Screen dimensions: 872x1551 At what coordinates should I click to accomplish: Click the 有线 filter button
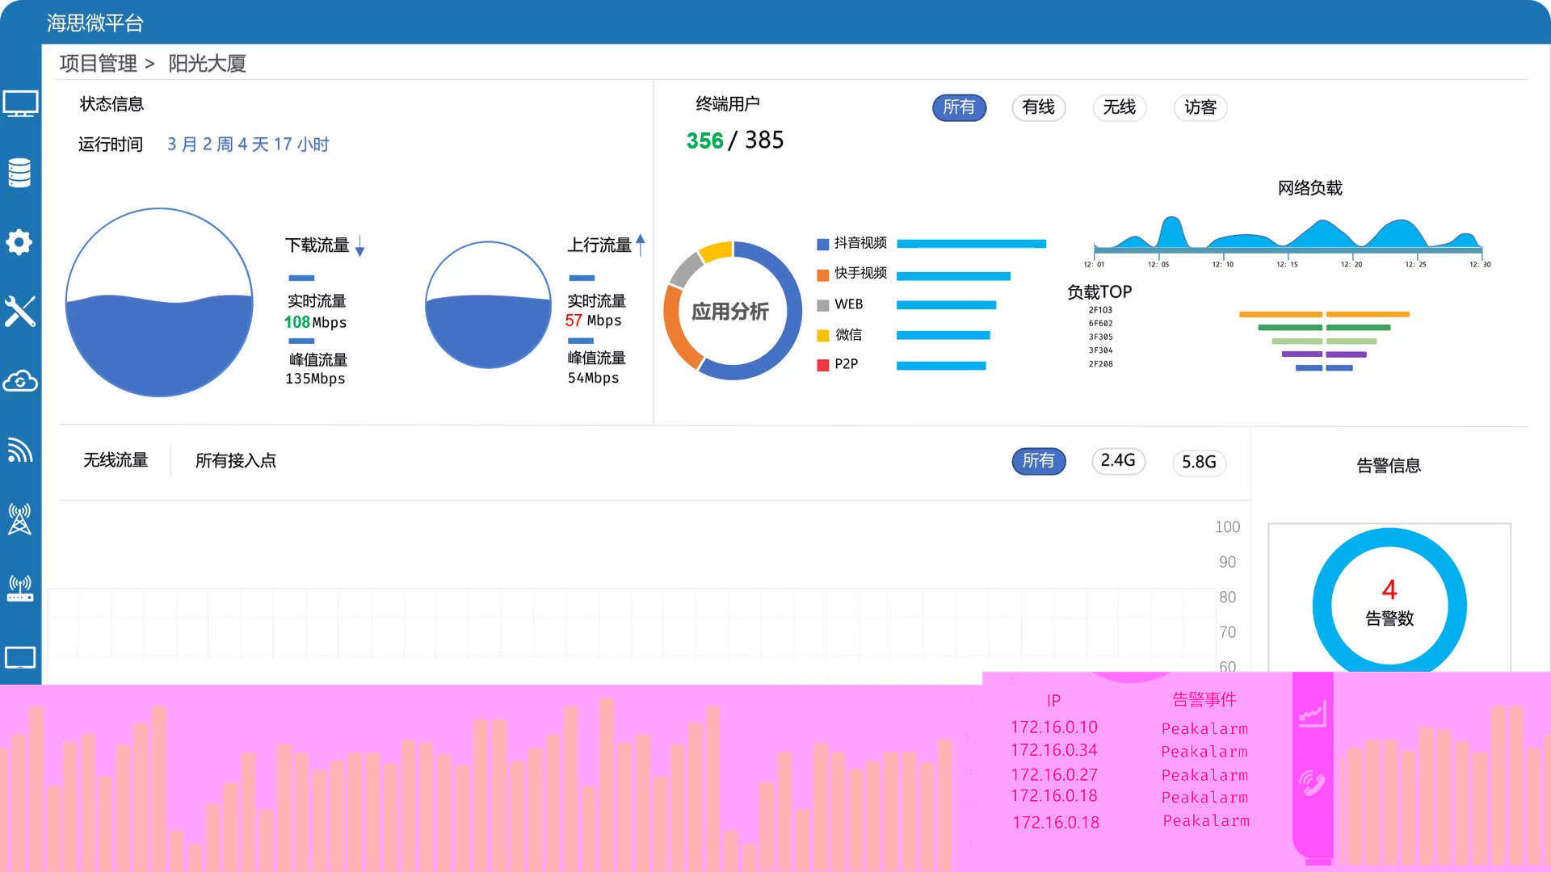coord(1038,107)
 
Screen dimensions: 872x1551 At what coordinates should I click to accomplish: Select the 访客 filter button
coord(1200,107)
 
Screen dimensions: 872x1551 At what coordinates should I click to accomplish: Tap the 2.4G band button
coord(1118,461)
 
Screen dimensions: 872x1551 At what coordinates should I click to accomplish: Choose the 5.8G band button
coord(1199,462)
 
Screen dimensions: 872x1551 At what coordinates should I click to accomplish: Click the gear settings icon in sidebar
coord(19,242)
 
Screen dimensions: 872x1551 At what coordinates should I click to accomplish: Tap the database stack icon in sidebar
coord(19,173)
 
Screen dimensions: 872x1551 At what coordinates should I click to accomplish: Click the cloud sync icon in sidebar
coord(19,381)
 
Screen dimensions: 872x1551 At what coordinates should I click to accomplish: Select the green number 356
coord(704,140)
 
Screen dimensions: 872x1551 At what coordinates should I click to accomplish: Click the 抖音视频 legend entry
coord(860,243)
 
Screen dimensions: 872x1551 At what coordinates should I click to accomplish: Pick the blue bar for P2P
coord(941,366)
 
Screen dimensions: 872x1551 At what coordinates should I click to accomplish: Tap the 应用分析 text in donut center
coord(730,312)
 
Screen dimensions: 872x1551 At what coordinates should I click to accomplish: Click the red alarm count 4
coord(1389,589)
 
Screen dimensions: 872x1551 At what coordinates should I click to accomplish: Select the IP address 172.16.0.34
coord(1053,750)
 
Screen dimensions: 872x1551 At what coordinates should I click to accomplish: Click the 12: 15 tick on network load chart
coord(1287,264)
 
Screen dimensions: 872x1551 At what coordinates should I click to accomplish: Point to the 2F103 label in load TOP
coord(1100,310)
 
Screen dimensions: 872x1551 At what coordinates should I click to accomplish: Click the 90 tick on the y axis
coord(1227,562)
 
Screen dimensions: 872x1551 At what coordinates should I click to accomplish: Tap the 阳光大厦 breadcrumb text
coord(207,64)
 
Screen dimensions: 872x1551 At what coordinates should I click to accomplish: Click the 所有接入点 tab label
coord(235,461)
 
